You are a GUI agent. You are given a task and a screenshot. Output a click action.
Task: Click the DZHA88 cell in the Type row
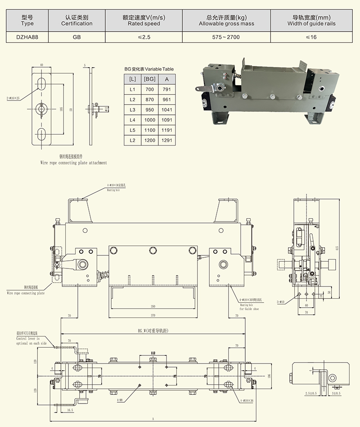point(27,37)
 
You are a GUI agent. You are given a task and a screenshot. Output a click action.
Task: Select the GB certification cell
point(76,37)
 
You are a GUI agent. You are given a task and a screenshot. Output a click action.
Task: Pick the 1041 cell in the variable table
point(166,110)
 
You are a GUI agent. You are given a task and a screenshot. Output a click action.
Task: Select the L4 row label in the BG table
point(132,120)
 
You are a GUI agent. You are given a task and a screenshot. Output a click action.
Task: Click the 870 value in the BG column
point(149,100)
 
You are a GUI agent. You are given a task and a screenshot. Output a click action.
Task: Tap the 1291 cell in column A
point(166,141)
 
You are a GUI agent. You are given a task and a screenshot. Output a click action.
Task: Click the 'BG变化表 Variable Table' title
point(149,69)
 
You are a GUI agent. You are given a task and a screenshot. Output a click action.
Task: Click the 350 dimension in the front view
point(153,307)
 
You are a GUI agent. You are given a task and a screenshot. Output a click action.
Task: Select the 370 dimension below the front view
point(153,316)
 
